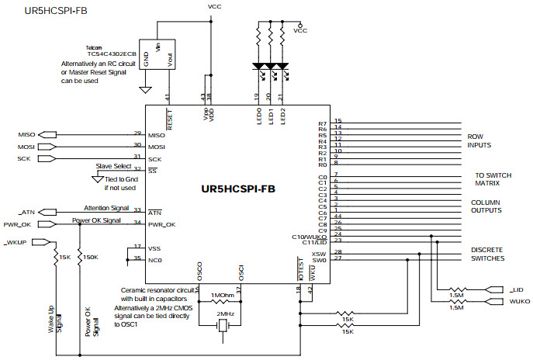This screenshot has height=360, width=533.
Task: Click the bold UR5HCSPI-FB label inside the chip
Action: pos(238,189)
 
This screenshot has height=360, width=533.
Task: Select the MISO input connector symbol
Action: pos(47,134)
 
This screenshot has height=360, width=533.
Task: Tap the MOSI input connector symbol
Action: pos(47,146)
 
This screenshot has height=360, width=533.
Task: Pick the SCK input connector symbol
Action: pos(47,158)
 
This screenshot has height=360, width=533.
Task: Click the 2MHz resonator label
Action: pos(225,313)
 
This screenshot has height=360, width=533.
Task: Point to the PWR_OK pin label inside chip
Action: pos(161,224)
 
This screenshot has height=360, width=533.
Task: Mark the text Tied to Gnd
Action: pos(121,178)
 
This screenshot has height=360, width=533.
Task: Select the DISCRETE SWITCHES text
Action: pos(486,254)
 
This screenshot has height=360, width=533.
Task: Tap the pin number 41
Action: pos(169,96)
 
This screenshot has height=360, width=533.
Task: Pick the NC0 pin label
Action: pos(154,259)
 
